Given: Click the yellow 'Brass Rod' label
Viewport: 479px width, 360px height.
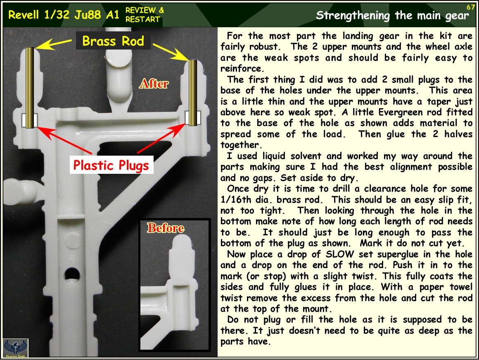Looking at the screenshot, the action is coord(113,41).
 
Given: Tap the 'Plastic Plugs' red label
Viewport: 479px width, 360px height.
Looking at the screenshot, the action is coord(111,165).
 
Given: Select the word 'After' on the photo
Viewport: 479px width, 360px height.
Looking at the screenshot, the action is coord(154,84).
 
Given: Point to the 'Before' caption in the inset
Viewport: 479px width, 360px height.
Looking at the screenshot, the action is coord(166,228).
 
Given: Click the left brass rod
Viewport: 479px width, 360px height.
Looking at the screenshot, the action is coord(30,88).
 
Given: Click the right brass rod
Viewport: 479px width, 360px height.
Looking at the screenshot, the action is coord(193,93).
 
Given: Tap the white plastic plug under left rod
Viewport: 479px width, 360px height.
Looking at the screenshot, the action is coord(30,120).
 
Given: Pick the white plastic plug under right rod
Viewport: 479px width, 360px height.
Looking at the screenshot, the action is coord(193,118).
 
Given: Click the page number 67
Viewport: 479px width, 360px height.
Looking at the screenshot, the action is coord(470,7).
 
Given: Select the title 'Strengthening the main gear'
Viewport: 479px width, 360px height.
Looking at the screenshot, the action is coord(392,15).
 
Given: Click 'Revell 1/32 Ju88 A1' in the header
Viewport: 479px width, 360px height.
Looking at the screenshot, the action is coord(64,15).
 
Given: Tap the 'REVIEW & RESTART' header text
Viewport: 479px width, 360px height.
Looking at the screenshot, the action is coord(145,15).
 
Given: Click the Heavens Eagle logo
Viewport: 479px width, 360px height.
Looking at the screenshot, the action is coord(16,348).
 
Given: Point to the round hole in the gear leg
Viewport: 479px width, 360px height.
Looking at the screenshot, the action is coord(72,274).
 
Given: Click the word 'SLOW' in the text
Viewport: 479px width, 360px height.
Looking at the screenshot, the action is coord(340,254).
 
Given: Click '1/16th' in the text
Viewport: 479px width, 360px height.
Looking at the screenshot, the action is coord(237,200).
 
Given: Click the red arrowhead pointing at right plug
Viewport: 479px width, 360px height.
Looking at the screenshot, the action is coord(180,126).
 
